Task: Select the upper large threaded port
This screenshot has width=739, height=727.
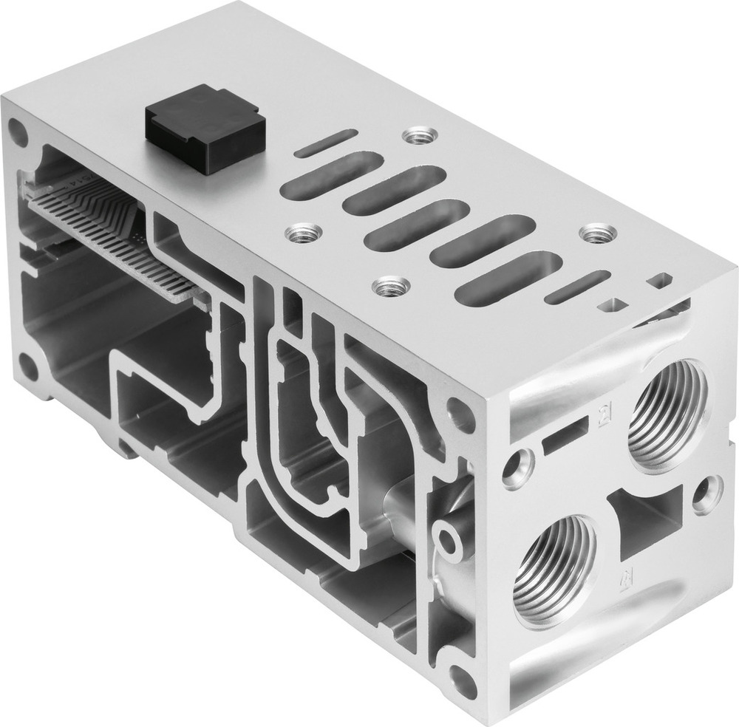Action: pyautogui.click(x=666, y=414)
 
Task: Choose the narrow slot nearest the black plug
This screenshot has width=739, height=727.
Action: pyautogui.click(x=326, y=142)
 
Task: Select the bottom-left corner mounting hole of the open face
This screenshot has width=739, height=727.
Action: pyautogui.click(x=30, y=365)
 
